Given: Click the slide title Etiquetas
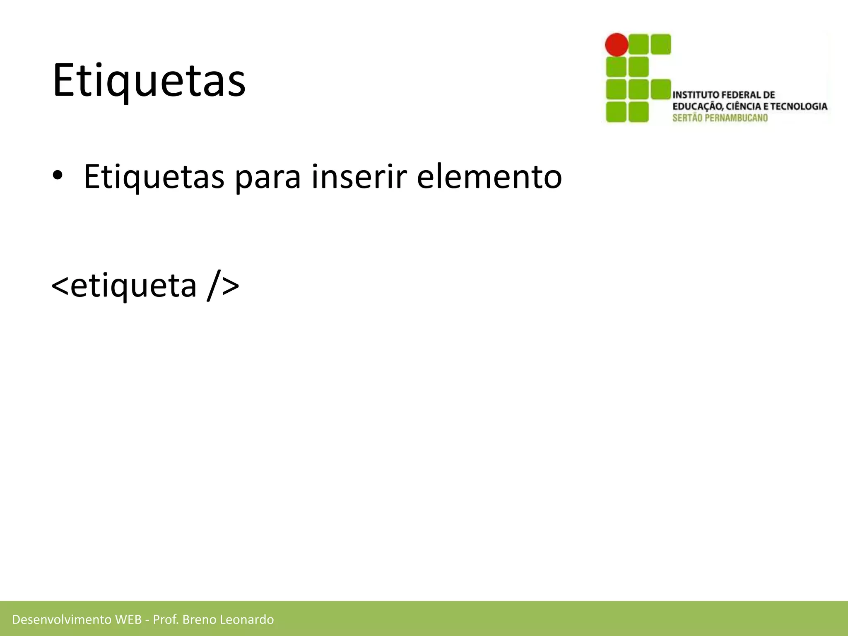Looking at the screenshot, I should click(149, 80).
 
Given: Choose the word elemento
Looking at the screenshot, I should click(489, 177).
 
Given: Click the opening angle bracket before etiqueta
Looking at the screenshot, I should click(60, 286).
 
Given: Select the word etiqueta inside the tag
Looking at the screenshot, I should click(133, 286).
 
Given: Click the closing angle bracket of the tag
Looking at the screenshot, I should click(231, 286).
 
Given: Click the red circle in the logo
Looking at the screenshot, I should click(617, 44).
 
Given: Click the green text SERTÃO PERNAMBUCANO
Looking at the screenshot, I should click(720, 118).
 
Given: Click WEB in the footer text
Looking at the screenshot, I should click(128, 619).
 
